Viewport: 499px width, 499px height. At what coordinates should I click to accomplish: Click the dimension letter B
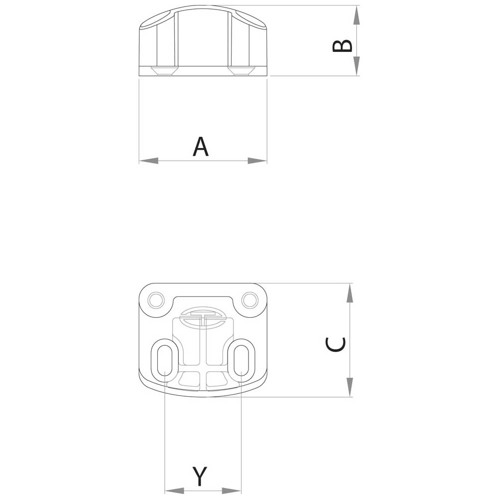point(342,45)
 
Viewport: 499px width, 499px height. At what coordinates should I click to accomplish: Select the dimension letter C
point(335,345)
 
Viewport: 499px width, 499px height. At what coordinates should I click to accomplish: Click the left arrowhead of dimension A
point(149,160)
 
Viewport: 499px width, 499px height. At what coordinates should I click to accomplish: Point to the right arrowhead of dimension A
point(257,160)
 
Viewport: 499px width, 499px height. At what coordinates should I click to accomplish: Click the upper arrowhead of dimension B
point(356,15)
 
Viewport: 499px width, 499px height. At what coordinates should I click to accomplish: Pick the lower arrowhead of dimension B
point(356,66)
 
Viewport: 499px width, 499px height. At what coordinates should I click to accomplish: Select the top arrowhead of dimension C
point(349,293)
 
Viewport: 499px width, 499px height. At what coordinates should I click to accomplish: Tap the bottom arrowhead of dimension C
point(349,387)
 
